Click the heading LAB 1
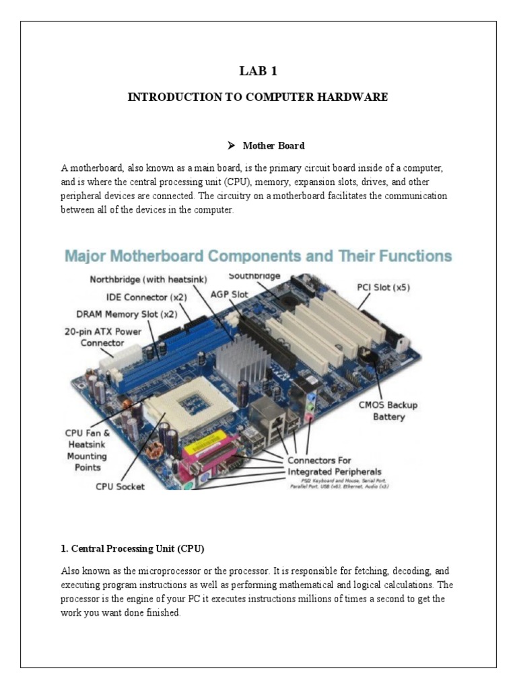(258, 72)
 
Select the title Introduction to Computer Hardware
(258, 97)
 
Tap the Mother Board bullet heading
(273, 145)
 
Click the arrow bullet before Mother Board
(231, 145)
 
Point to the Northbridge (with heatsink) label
(149, 279)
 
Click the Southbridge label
(254, 276)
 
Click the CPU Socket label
(120, 485)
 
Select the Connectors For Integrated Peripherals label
(335, 466)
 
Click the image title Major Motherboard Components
(258, 256)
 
